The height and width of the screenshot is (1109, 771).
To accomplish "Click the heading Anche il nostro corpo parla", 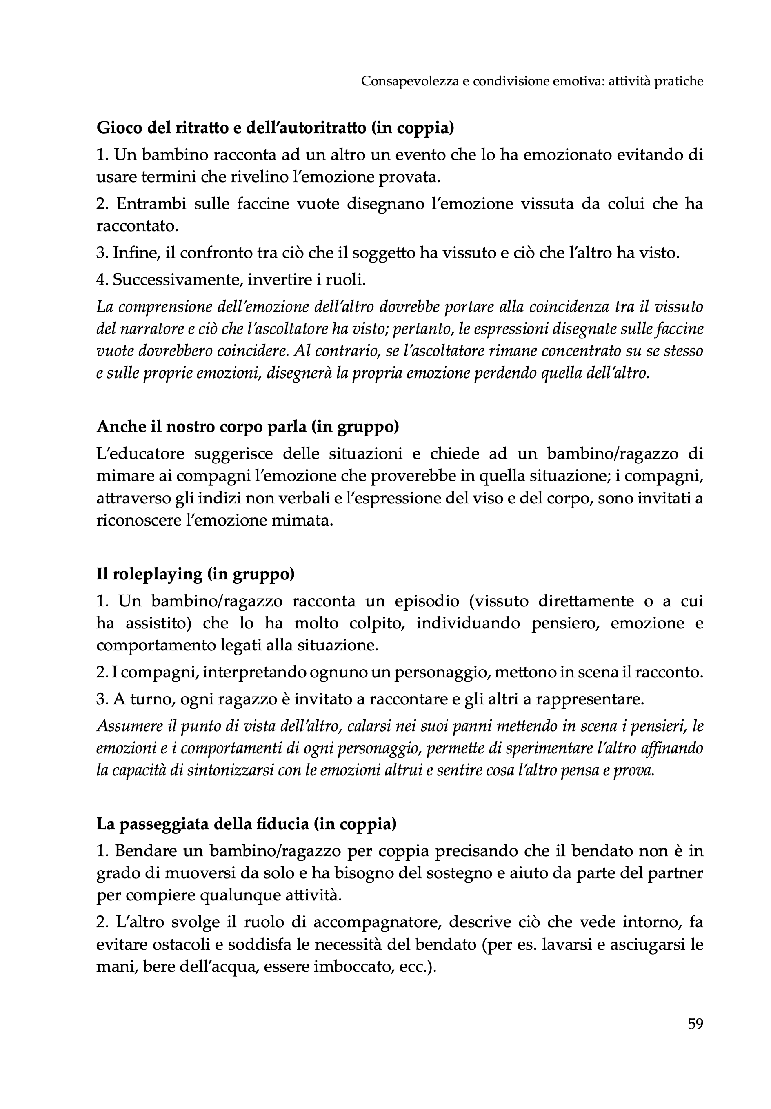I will [x=248, y=427].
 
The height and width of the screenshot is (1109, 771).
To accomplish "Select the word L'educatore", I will [x=138, y=454].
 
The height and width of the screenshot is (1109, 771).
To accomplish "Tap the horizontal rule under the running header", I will [x=400, y=98].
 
